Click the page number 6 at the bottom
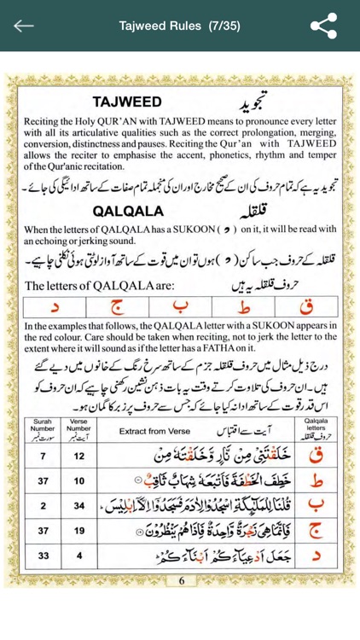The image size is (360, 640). pyautogui.click(x=181, y=605)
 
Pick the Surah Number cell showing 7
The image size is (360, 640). pyautogui.click(x=42, y=457)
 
